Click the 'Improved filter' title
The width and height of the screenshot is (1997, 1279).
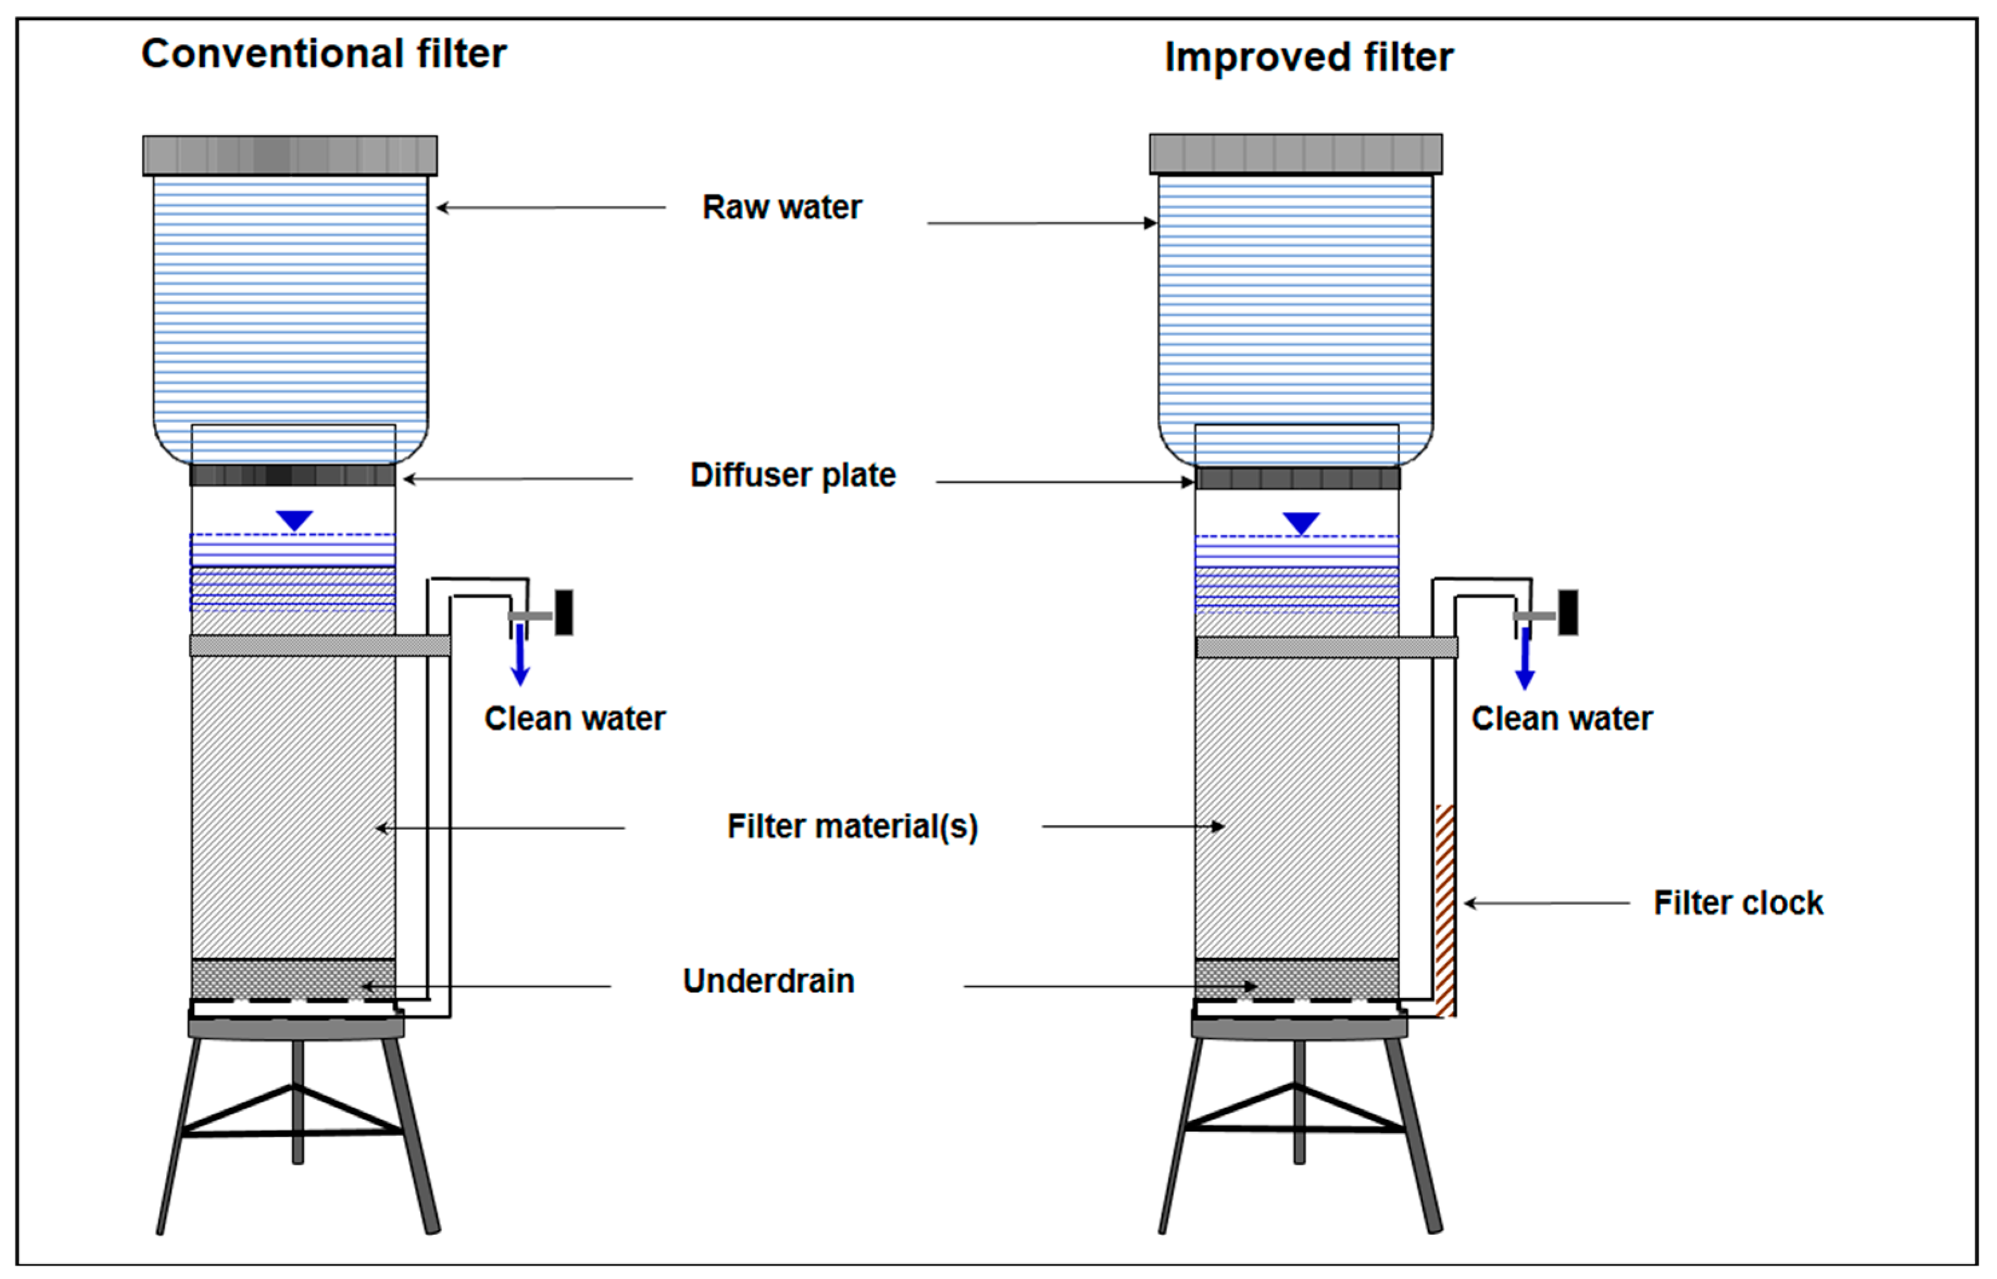point(1308,58)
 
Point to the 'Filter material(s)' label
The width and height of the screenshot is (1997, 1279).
point(853,827)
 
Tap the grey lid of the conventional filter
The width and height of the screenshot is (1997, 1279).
point(290,155)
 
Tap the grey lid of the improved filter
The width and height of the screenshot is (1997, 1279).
point(1295,153)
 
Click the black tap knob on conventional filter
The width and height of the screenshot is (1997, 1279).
point(564,613)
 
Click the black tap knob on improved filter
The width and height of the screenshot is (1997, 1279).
point(1568,613)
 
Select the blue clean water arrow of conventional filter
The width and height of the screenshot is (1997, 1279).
point(521,656)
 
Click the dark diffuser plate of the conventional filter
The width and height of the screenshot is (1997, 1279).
point(292,475)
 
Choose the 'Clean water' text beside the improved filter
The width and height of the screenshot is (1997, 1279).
point(1561,719)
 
